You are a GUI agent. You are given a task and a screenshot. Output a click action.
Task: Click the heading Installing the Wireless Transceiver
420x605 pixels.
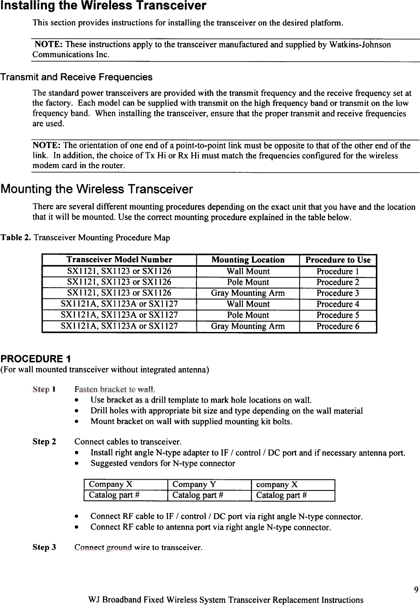point(103,6)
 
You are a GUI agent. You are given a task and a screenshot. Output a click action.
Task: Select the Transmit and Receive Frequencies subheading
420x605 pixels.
point(76,77)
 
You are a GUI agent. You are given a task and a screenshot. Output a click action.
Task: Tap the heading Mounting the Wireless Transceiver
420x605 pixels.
point(96,189)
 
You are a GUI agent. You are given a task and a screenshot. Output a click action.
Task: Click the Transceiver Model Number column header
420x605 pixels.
point(119,260)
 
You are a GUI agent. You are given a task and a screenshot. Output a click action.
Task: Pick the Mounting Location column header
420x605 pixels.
point(248,260)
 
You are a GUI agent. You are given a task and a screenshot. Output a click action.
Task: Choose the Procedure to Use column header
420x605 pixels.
point(338,260)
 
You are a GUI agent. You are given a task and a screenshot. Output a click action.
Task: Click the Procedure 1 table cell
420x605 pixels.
point(338,271)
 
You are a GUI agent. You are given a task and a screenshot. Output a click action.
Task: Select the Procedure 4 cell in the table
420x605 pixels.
point(338,304)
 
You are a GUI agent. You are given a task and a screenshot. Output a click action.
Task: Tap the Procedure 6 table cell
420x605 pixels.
point(338,326)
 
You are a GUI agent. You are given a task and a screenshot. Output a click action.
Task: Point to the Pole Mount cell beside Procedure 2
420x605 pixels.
point(248,282)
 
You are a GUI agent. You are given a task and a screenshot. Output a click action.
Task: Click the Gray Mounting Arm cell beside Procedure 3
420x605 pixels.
point(248,293)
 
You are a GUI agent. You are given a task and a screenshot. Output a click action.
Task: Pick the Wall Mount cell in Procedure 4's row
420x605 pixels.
point(248,304)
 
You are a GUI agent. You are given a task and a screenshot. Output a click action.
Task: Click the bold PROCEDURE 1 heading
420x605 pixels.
point(36,359)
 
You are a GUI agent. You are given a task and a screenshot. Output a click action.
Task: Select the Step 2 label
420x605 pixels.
point(44,441)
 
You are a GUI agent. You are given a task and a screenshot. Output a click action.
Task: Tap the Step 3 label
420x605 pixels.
point(44,547)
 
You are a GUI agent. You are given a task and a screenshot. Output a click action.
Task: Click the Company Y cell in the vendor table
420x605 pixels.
point(194,484)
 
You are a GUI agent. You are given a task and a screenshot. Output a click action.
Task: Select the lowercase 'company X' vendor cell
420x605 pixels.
point(277,484)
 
